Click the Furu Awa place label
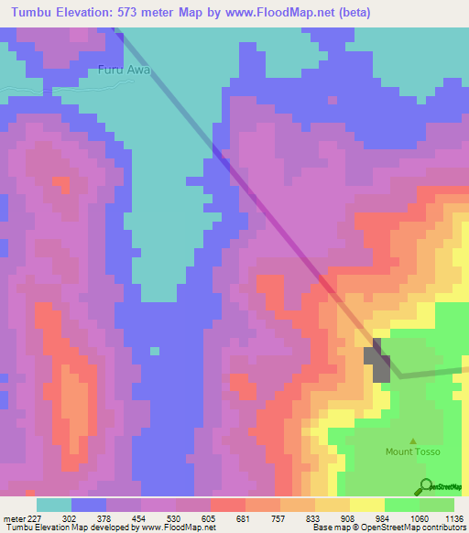tap(124, 70)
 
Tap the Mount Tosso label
tap(412, 452)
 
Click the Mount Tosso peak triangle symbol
tap(412, 441)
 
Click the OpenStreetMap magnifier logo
tap(426, 486)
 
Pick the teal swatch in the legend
tap(54, 505)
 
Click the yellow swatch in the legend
tap(367, 505)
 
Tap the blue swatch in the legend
tap(89, 505)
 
